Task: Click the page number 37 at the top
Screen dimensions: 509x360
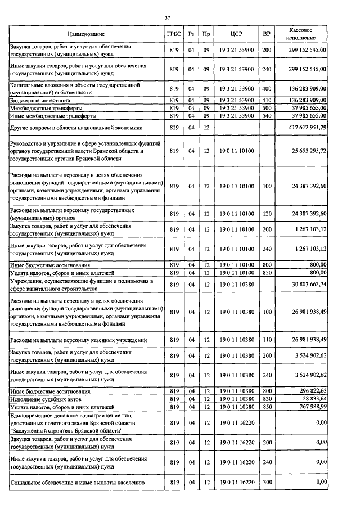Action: point(167,19)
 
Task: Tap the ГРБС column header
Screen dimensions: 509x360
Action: point(174,34)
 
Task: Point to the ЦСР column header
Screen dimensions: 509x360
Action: point(236,34)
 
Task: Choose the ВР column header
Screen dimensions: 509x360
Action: point(267,34)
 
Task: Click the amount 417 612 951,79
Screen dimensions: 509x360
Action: point(306,128)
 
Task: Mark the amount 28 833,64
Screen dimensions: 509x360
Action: point(313,398)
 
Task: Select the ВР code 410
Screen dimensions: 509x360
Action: point(267,100)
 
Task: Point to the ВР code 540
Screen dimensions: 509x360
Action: point(267,116)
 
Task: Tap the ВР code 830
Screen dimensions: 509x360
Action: point(267,398)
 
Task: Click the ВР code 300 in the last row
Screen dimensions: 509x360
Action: point(267,483)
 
